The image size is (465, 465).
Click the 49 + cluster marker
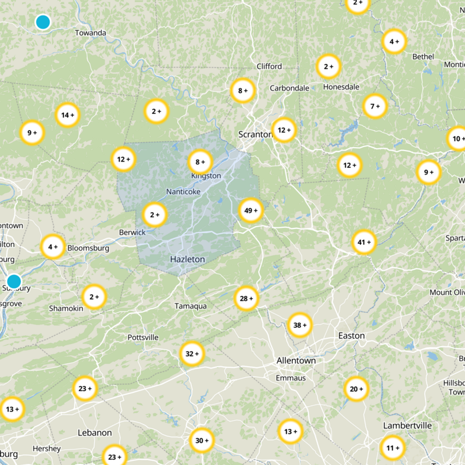point(251,210)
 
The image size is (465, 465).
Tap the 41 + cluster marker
point(365,242)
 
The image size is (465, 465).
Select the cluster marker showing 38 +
point(300,325)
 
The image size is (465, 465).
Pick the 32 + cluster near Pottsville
point(192,353)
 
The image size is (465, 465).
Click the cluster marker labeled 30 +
point(202,441)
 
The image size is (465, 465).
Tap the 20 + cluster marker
point(356,389)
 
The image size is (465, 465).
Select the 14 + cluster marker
point(68,115)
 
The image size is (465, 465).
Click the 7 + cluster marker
point(375,106)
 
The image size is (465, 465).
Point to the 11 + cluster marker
point(394,448)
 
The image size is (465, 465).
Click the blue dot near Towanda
point(42,22)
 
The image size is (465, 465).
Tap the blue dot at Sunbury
point(14,281)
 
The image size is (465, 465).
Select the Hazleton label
point(187,259)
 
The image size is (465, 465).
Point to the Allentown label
point(296,360)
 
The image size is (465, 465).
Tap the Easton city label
point(352,335)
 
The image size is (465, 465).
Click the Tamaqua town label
point(191,306)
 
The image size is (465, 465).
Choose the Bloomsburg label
point(88,248)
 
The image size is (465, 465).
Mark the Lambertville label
point(407,426)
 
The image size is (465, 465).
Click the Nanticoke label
point(183,191)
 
